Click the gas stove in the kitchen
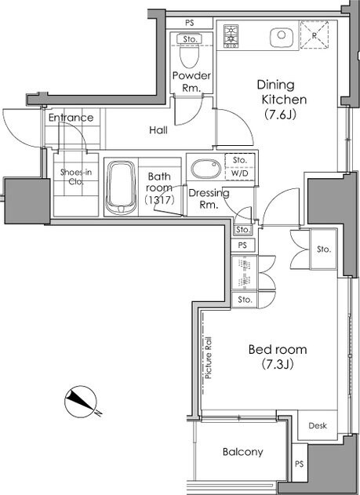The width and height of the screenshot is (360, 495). pyautogui.click(x=231, y=36)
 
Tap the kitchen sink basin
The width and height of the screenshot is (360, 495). pyautogui.click(x=282, y=37)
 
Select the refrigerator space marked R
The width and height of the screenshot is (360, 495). pyautogui.click(x=315, y=35)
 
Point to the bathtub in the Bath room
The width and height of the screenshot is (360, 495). pyautogui.click(x=121, y=187)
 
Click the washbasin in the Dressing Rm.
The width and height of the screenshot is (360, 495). pyautogui.click(x=206, y=169)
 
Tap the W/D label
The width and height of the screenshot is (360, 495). pyautogui.click(x=240, y=173)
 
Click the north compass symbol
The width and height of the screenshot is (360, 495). pyautogui.click(x=82, y=402)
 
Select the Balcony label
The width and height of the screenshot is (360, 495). pyautogui.click(x=242, y=452)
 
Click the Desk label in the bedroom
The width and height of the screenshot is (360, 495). pyautogui.click(x=318, y=425)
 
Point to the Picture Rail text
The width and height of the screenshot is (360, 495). pyautogui.click(x=209, y=358)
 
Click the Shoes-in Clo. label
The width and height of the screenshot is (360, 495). pyautogui.click(x=76, y=177)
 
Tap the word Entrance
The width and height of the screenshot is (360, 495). pyautogui.click(x=71, y=118)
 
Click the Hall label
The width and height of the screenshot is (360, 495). pyautogui.click(x=158, y=129)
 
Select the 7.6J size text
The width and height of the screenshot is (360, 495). pyautogui.click(x=281, y=115)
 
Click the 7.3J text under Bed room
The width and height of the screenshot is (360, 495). pyautogui.click(x=278, y=364)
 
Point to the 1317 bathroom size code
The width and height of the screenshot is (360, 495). pyautogui.click(x=159, y=200)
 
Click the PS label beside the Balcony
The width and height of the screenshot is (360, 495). pyautogui.click(x=300, y=464)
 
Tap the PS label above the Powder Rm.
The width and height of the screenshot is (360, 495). pyautogui.click(x=190, y=23)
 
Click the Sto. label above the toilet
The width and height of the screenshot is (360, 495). pyautogui.click(x=191, y=39)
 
